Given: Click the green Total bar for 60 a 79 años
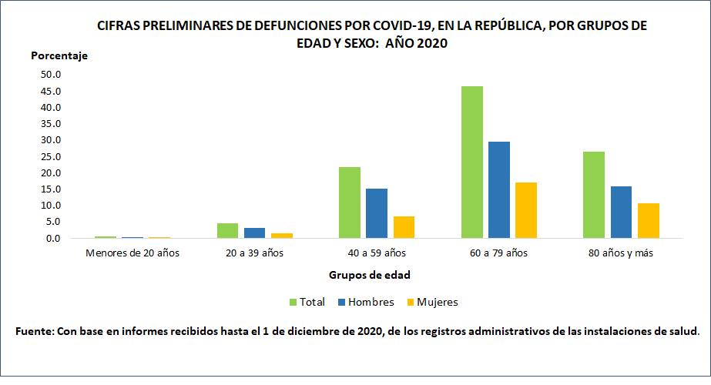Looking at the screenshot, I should (x=471, y=162).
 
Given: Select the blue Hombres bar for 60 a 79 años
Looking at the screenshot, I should (x=498, y=190).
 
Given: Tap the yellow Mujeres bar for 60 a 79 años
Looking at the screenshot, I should (x=526, y=210).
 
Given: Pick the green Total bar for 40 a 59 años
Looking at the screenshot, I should (x=349, y=203).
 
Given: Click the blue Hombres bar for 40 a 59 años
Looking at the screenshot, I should (x=377, y=213).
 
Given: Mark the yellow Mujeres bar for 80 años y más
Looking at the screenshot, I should (x=649, y=221).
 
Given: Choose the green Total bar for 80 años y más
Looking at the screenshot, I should (x=594, y=195).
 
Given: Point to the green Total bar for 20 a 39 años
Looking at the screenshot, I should (x=227, y=231).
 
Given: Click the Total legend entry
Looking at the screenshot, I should (x=307, y=302).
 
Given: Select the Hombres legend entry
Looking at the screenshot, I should (x=367, y=302).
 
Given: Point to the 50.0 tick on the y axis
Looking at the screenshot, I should (x=51, y=75).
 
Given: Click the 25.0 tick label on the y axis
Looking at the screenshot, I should (x=51, y=156).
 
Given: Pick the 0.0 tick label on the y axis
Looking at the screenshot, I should (x=52, y=238).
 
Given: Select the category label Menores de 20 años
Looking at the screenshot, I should (x=132, y=253).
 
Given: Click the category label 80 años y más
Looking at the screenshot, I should (x=622, y=253).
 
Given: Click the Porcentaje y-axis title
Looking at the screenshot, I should (x=59, y=55).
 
